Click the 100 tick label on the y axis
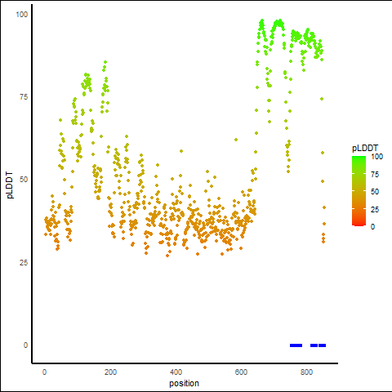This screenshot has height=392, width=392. click(22, 15)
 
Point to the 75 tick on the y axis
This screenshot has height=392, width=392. click(24, 97)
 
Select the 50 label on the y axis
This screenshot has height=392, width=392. click(24, 180)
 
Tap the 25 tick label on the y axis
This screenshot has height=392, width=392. click(24, 262)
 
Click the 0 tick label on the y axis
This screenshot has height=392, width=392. click(25, 345)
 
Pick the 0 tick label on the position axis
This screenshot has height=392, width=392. click(44, 372)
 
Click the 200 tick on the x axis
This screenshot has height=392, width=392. click(110, 372)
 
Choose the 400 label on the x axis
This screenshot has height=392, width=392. click(176, 372)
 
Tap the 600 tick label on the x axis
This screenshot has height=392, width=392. click(241, 372)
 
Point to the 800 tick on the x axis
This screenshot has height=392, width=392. click(306, 372)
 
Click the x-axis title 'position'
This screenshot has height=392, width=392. click(184, 383)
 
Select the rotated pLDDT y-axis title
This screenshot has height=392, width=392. click(10, 185)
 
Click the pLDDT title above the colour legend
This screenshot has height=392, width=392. click(365, 148)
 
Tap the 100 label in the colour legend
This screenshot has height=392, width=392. click(376, 157)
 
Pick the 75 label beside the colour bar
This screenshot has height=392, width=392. click(375, 174)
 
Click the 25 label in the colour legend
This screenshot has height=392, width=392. click(375, 209)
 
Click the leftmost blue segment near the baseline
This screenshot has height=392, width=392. click(296, 345)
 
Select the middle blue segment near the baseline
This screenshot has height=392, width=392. click(314, 345)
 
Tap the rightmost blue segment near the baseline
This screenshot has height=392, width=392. click(323, 345)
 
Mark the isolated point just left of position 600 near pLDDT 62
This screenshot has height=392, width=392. click(236, 140)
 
